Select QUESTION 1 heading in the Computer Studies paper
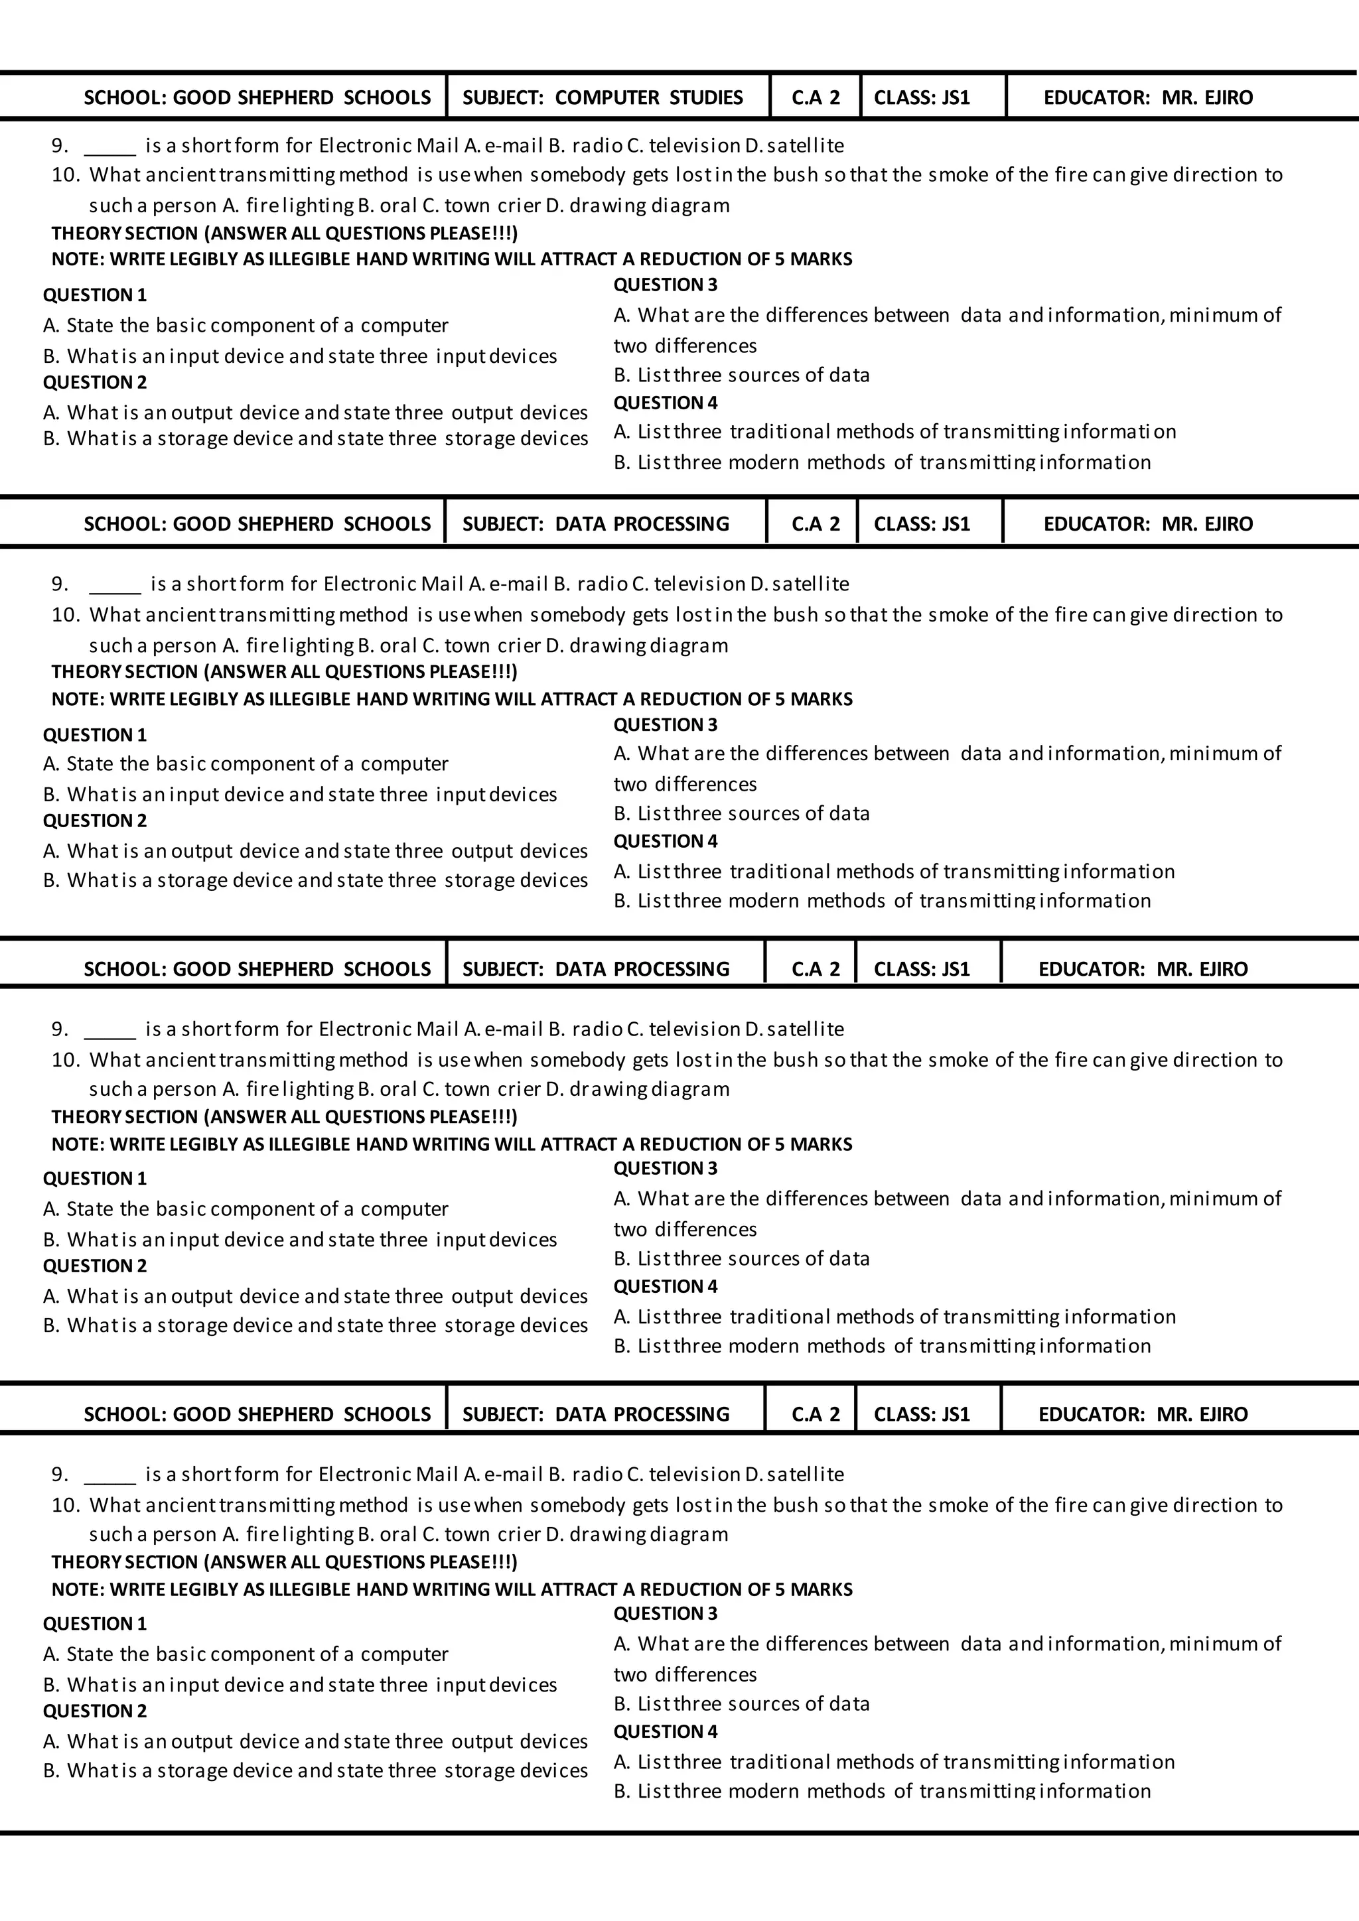tap(95, 295)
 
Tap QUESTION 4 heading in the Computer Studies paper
tap(666, 403)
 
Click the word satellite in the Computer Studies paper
tap(805, 145)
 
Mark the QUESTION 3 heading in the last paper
tap(666, 1614)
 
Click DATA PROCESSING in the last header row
tap(641, 1415)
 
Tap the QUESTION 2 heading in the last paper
tap(95, 1711)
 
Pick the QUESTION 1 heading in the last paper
tap(95, 1624)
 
